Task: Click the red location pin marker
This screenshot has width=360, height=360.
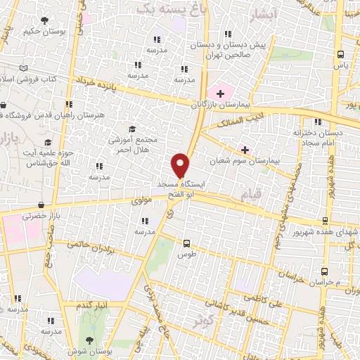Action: click(x=181, y=165)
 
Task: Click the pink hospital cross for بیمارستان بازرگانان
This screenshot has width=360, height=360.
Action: click(x=221, y=93)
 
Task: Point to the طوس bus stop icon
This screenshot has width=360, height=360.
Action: click(x=186, y=243)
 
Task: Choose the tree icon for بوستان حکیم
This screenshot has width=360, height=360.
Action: click(x=46, y=21)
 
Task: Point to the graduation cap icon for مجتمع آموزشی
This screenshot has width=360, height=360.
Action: click(x=131, y=129)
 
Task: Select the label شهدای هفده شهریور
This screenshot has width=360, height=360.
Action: click(x=337, y=232)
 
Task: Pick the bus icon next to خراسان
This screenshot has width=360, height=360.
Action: click(x=324, y=271)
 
